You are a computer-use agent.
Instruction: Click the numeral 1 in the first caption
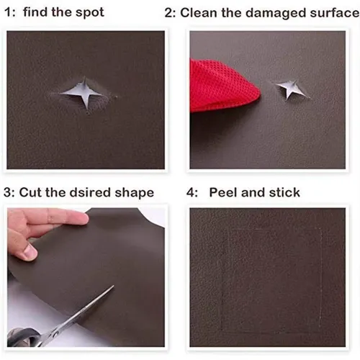[x=9, y=12]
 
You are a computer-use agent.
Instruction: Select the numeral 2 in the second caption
[x=169, y=13]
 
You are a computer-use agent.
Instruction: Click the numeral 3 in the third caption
[x=9, y=192]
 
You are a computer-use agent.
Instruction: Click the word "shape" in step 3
[x=135, y=193]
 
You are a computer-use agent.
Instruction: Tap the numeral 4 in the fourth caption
[x=191, y=192]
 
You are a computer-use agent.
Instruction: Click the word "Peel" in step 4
[x=225, y=192]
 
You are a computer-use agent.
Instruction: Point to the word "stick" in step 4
[x=284, y=193]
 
